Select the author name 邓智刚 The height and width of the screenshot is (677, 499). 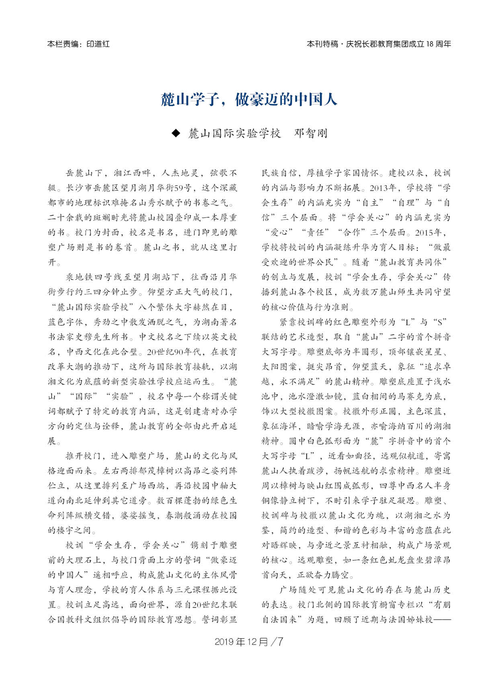pos(311,133)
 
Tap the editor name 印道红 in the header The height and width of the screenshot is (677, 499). pos(98,44)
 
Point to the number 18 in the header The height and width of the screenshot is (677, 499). pos(430,44)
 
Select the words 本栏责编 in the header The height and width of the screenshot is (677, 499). pos(61,44)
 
